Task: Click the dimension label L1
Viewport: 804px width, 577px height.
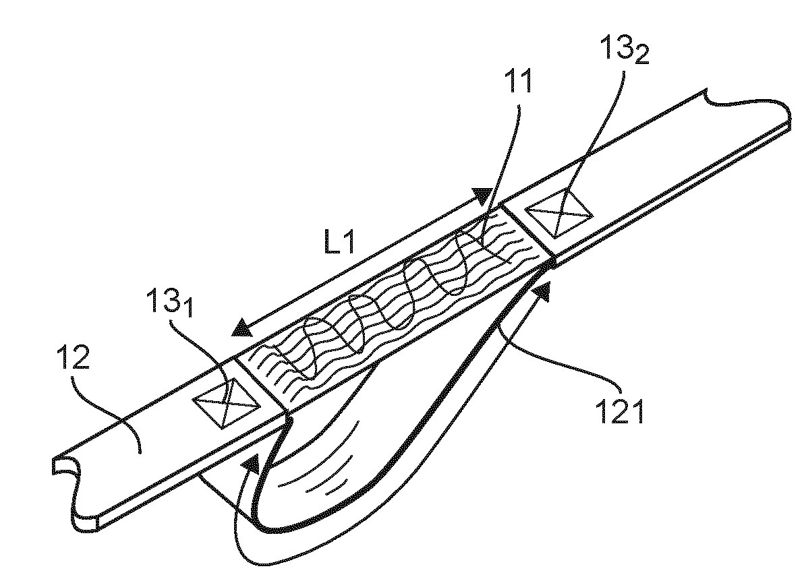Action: (339, 241)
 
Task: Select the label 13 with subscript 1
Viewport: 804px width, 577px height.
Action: (170, 302)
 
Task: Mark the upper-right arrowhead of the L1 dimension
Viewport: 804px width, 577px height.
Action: (483, 195)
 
